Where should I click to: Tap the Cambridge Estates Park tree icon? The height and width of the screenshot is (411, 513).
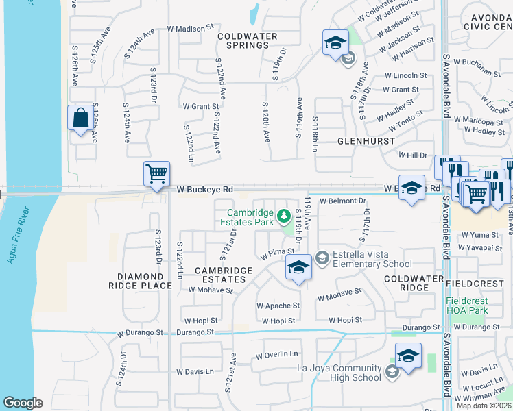(283, 218)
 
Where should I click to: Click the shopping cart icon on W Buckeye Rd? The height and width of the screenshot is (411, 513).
(157, 173)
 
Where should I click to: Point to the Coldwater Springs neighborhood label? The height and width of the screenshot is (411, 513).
(248, 40)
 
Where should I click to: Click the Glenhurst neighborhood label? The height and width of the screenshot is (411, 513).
(366, 141)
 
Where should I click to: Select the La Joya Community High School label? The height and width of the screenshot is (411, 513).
(339, 373)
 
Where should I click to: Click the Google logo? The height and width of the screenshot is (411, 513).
(23, 403)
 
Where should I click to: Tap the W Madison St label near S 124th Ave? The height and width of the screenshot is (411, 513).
(185, 29)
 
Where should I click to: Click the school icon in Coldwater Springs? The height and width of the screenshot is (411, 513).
(335, 43)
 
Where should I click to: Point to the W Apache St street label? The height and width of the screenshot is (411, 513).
(278, 306)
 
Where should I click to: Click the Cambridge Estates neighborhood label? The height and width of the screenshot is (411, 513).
(220, 275)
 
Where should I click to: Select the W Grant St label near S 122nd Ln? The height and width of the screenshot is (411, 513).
(200, 106)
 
